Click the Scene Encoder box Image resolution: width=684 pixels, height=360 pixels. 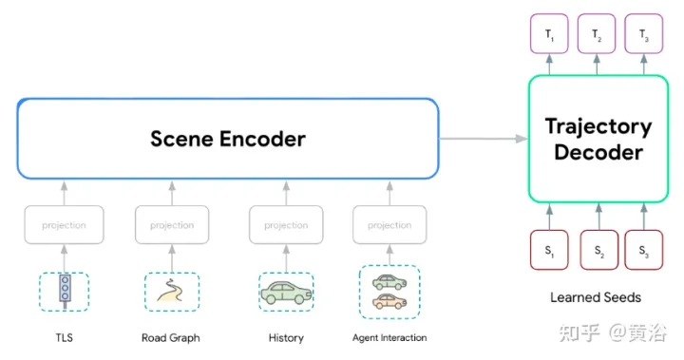[x=228, y=139]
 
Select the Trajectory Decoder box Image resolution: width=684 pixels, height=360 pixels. [x=598, y=139]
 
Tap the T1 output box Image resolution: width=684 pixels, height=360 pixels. [x=550, y=36]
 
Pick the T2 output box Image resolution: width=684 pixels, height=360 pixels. [x=598, y=36]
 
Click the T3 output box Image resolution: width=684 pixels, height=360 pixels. [x=644, y=36]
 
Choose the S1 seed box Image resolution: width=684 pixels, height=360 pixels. [x=550, y=250]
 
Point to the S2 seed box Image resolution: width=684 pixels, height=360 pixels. [x=598, y=250]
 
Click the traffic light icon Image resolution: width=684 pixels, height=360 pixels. [x=64, y=291]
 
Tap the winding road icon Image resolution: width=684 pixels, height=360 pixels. [x=172, y=292]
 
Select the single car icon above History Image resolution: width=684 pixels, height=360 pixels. [x=286, y=292]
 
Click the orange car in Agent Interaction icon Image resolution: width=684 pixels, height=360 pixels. [x=389, y=301]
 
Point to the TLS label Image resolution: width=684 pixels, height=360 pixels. [x=64, y=337]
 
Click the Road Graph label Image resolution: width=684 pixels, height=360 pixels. [x=171, y=337]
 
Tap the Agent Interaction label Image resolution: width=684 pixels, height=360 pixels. [x=389, y=337]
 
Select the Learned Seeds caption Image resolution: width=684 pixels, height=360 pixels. [x=596, y=297]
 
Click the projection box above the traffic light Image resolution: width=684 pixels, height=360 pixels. [x=64, y=225]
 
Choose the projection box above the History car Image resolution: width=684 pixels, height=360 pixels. [x=286, y=225]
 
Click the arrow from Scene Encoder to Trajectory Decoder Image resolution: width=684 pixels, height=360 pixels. [x=483, y=139]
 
